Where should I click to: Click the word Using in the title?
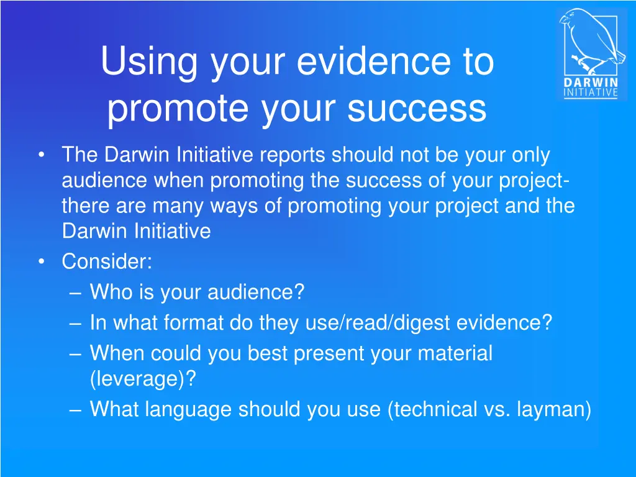coord(148,62)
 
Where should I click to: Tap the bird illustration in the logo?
coord(590,42)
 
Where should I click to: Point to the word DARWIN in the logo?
coord(591,83)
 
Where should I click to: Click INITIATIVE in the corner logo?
coord(591,93)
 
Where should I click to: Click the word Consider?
coord(107,261)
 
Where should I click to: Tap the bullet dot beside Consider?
coord(41,261)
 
